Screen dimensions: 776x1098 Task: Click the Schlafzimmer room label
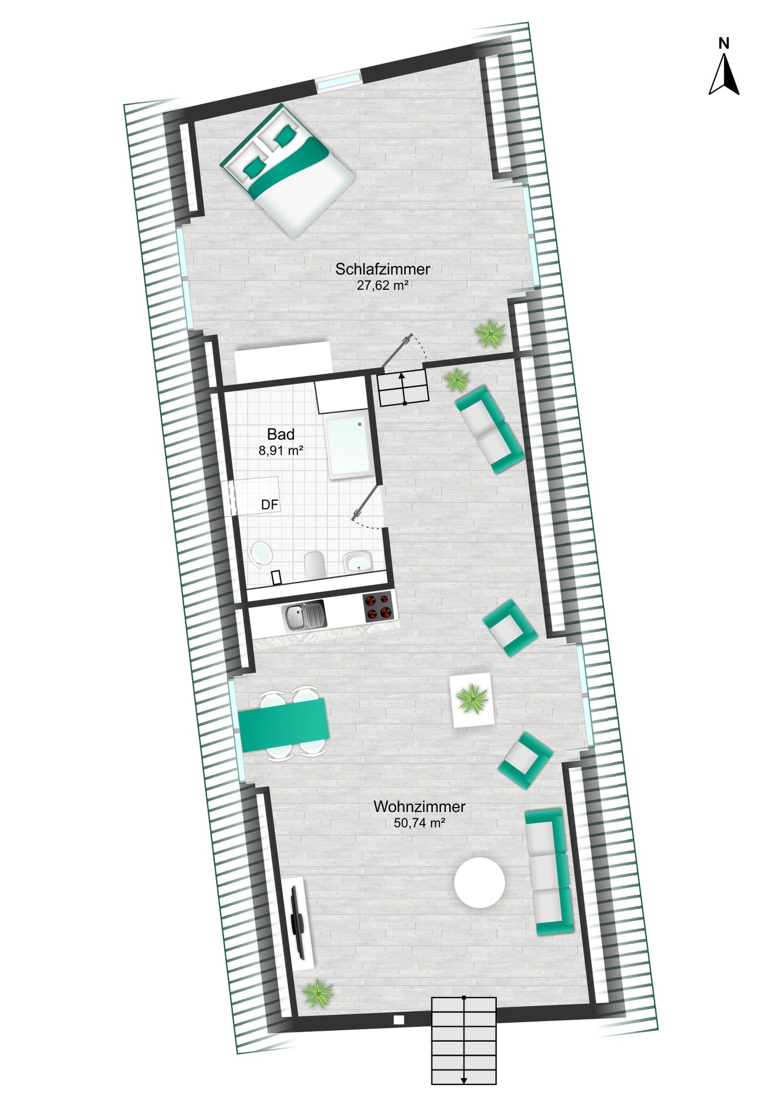pyautogui.click(x=382, y=269)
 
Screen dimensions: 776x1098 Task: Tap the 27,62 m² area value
pyautogui.click(x=382, y=285)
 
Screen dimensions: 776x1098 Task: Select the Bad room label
pyautogui.click(x=281, y=434)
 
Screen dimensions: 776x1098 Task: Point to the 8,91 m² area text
pyautogui.click(x=281, y=451)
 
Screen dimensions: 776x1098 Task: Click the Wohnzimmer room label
pyautogui.click(x=420, y=806)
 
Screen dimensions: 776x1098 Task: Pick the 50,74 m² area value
pyautogui.click(x=420, y=823)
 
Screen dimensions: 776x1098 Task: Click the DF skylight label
pyautogui.click(x=270, y=505)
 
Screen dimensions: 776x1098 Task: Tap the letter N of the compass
pyautogui.click(x=724, y=44)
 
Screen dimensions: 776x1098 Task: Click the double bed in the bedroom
pyautogui.click(x=287, y=170)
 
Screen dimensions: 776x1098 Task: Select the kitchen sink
pyautogui.click(x=304, y=615)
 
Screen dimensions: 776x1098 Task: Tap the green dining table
pyautogui.click(x=284, y=724)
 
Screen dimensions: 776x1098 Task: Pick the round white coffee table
pyautogui.click(x=480, y=883)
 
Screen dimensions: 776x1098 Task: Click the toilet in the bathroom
pyautogui.click(x=315, y=565)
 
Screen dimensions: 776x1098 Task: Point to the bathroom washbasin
pyautogui.click(x=357, y=562)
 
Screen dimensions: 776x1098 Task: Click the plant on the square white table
pyautogui.click(x=472, y=699)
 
